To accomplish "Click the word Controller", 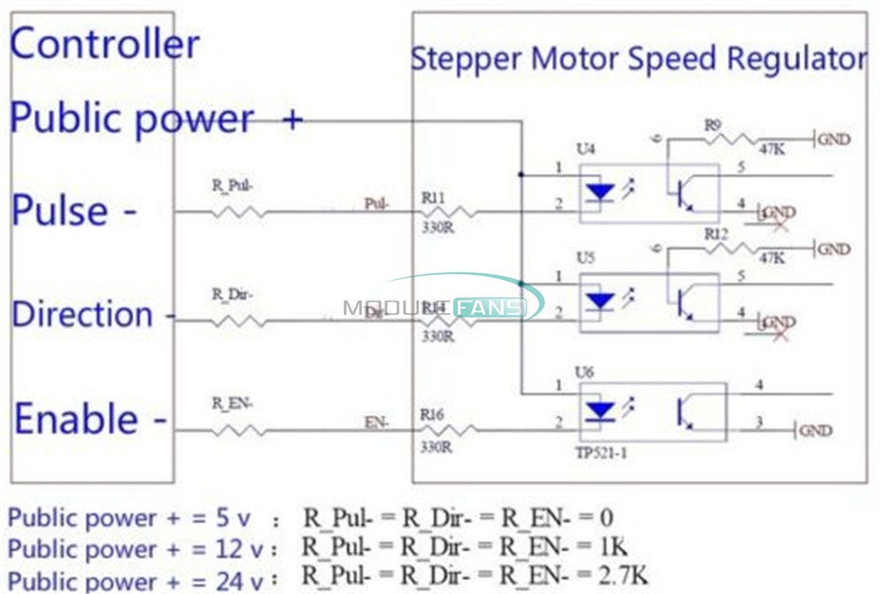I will (x=105, y=44).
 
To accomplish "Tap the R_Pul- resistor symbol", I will (x=238, y=212).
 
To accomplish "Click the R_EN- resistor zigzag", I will (x=238, y=431).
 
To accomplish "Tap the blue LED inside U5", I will (x=601, y=302).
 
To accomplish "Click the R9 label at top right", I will (x=711, y=126).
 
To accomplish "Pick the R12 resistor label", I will (x=716, y=234).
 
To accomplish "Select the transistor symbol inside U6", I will (x=685, y=411).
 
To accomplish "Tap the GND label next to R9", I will (x=835, y=140).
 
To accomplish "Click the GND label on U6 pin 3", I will (x=816, y=431).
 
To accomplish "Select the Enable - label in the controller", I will (x=90, y=419).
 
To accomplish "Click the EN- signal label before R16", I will (x=376, y=424).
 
